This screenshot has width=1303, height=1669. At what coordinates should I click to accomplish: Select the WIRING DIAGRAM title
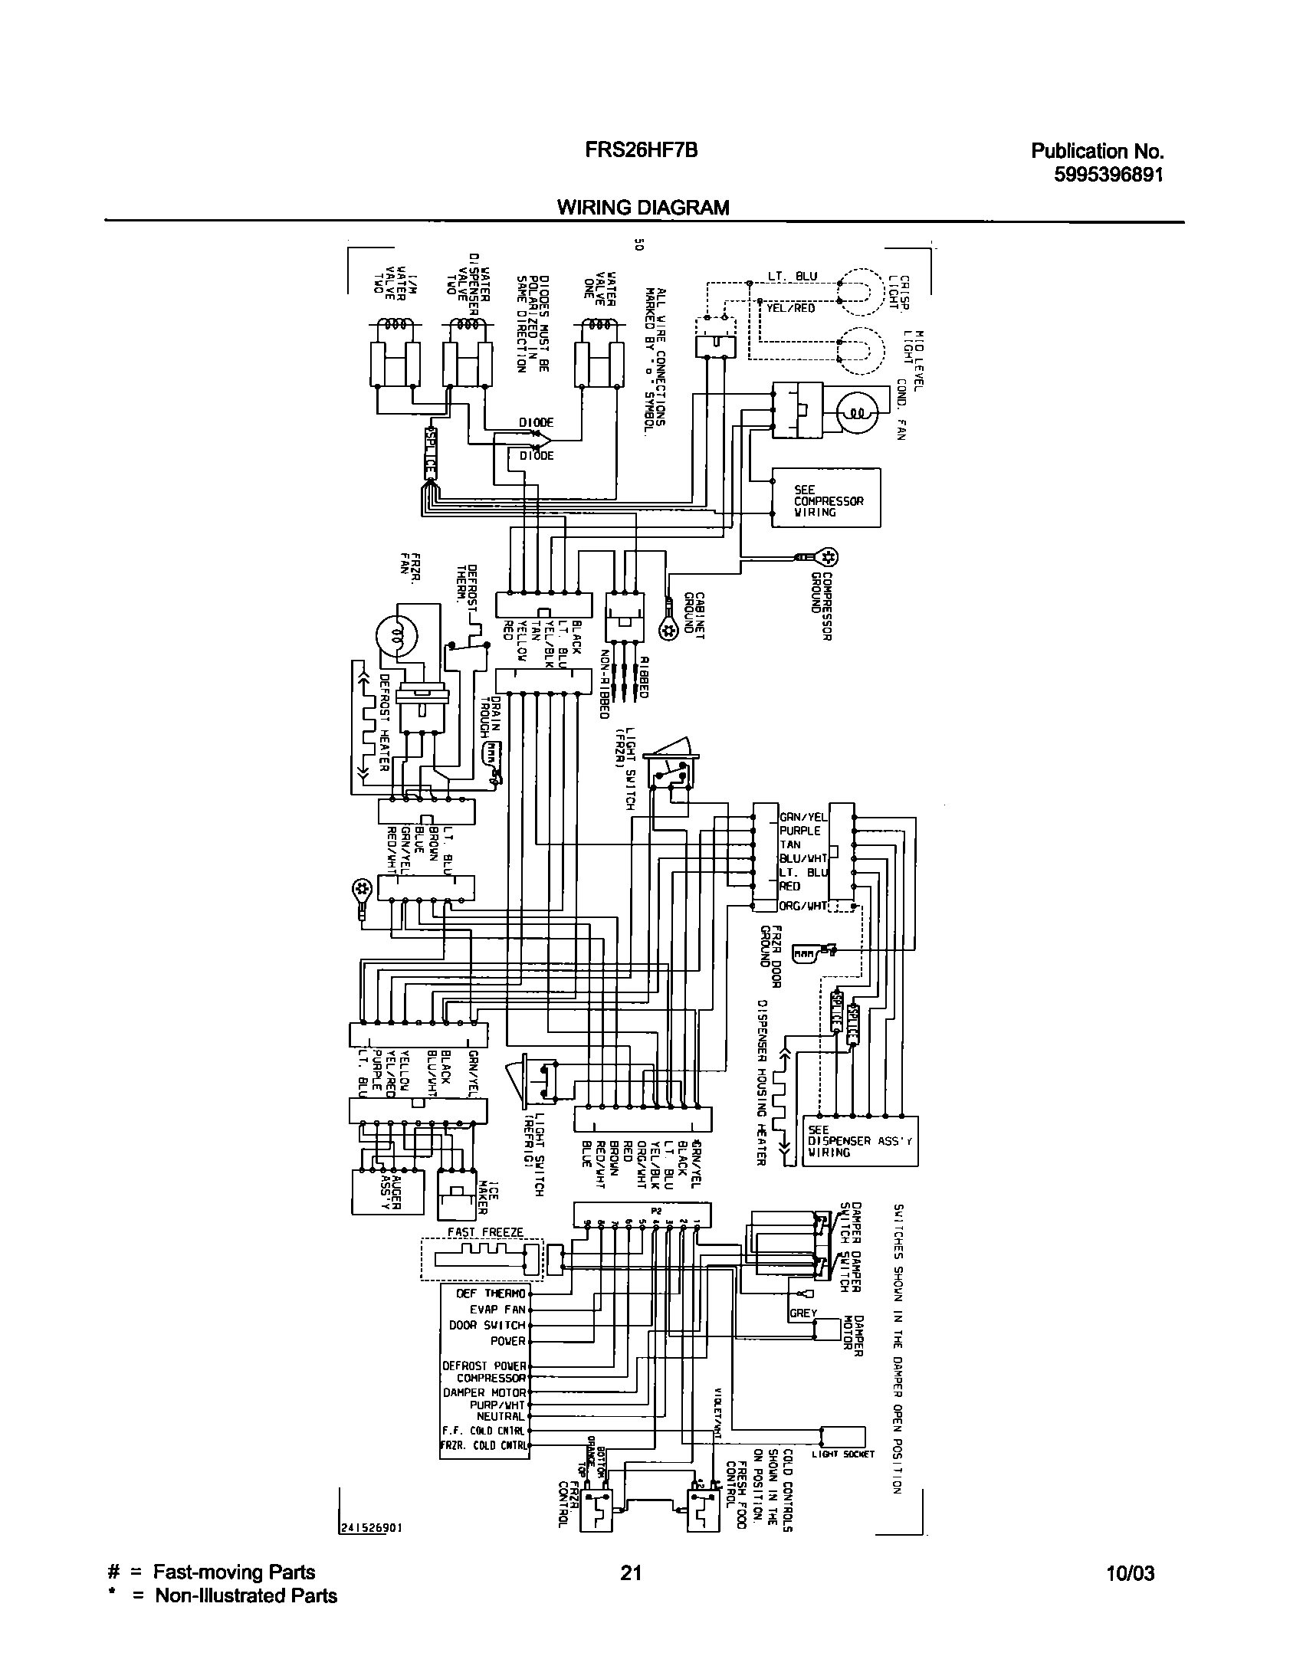[642, 207]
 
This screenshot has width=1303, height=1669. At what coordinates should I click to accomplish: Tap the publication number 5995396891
[1108, 175]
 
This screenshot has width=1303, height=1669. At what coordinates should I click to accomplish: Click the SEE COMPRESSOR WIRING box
[825, 498]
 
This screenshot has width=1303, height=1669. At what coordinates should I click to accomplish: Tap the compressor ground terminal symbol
[827, 556]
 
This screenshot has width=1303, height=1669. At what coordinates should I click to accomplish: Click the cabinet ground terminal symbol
[668, 629]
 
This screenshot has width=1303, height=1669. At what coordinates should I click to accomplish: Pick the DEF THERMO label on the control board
[491, 1294]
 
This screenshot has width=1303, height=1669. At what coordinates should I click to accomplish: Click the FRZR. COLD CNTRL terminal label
[484, 1445]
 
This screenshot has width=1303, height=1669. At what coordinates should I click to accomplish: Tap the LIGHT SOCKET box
[842, 1435]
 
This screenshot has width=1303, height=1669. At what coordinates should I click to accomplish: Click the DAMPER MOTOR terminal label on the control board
[484, 1392]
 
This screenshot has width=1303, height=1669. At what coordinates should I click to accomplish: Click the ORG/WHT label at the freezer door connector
[802, 906]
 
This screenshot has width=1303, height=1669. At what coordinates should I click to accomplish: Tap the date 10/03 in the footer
[1131, 1574]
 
